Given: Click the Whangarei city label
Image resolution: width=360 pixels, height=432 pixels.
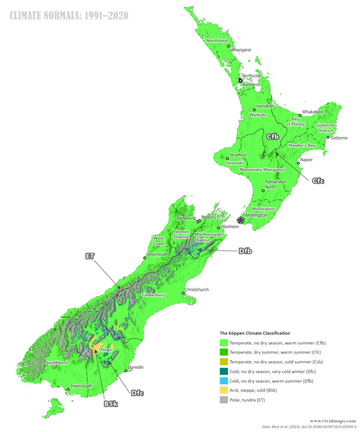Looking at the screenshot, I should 241,50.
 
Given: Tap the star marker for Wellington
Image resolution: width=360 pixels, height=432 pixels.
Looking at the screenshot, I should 241,220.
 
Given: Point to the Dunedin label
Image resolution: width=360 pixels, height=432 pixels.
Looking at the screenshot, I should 135,367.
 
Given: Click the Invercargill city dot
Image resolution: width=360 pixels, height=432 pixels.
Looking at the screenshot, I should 68,390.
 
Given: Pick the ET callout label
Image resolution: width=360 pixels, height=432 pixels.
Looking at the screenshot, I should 89,256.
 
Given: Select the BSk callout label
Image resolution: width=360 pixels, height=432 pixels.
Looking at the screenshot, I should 111,404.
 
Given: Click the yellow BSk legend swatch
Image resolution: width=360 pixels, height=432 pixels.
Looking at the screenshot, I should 224,390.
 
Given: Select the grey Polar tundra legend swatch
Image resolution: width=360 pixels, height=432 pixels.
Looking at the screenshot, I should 224,400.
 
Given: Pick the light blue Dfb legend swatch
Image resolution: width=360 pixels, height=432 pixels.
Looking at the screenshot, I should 224,381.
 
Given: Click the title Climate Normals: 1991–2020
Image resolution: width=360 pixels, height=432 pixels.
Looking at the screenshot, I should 69,16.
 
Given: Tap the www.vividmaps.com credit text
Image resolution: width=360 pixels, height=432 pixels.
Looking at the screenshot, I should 333,421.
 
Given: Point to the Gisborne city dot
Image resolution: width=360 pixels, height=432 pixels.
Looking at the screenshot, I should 328,137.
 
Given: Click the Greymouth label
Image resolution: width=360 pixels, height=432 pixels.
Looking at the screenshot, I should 157,255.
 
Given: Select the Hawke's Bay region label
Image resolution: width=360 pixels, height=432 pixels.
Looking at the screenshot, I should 302,145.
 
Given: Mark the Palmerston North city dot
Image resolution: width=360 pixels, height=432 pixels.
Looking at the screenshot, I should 263,191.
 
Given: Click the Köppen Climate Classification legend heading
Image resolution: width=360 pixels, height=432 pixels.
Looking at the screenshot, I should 255,333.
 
